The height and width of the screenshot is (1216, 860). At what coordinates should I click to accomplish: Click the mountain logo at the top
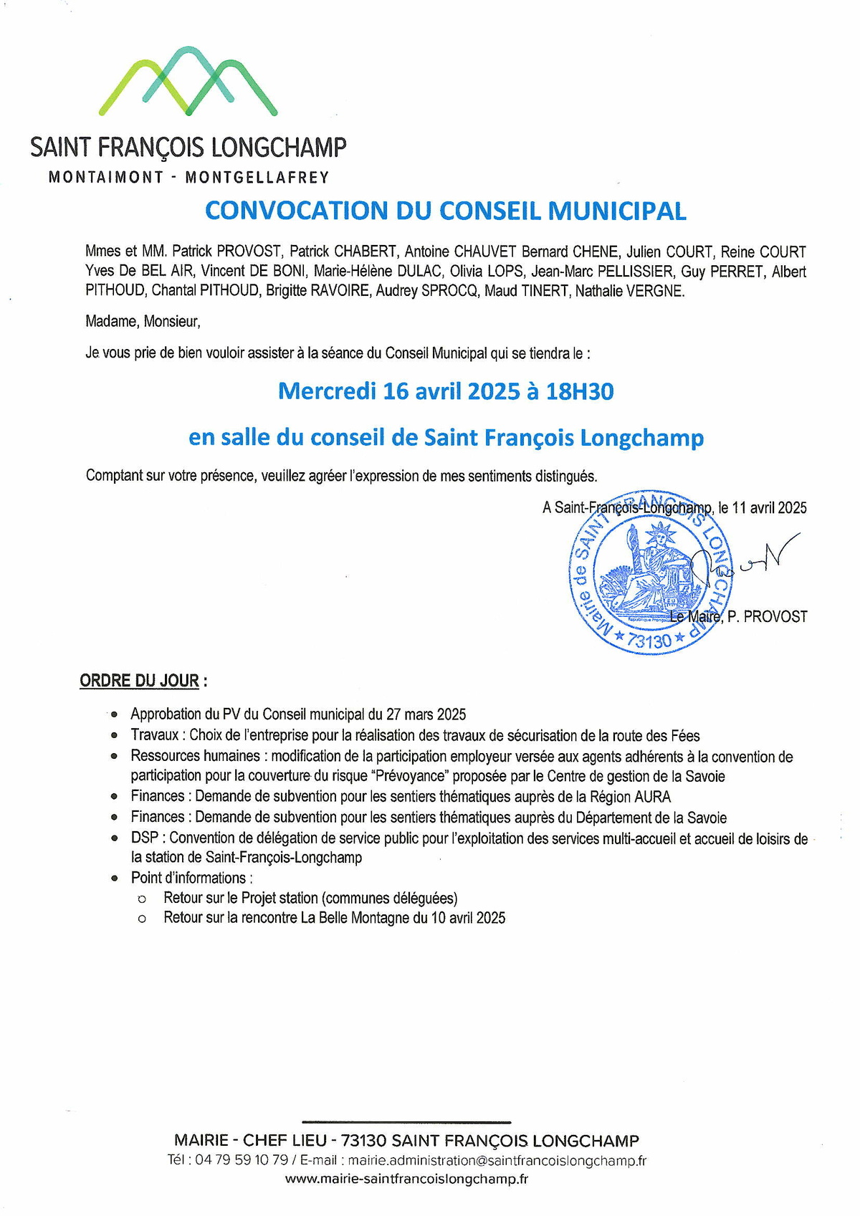coord(188,81)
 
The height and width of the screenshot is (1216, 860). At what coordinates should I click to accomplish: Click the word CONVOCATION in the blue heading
coord(295,211)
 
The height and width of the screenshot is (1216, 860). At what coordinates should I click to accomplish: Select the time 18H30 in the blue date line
coord(580,391)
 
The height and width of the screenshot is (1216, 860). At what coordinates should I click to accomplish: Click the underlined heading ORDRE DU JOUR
coord(139,681)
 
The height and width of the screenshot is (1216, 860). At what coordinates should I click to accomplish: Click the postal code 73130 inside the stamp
coord(649,640)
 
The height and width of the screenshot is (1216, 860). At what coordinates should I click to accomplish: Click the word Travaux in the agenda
coord(154,735)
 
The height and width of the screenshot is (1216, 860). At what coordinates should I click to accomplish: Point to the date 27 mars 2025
coord(426,714)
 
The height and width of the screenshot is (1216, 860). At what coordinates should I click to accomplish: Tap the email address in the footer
coord(497,1160)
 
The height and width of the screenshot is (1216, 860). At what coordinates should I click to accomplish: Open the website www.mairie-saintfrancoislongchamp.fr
coord(406,1179)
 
